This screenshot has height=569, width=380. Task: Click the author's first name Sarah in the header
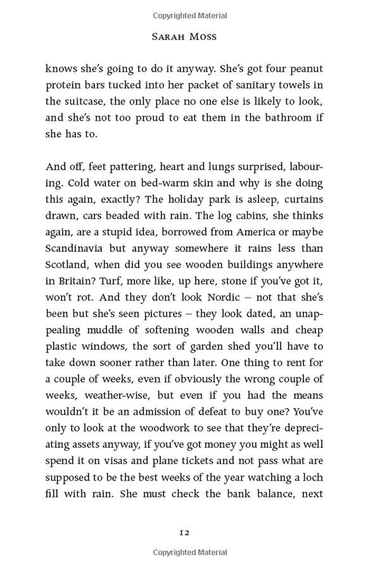coord(169,37)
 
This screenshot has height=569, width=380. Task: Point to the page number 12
coord(184,532)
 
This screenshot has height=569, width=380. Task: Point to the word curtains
coord(301,200)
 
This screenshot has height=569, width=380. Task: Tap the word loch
coord(312,479)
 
